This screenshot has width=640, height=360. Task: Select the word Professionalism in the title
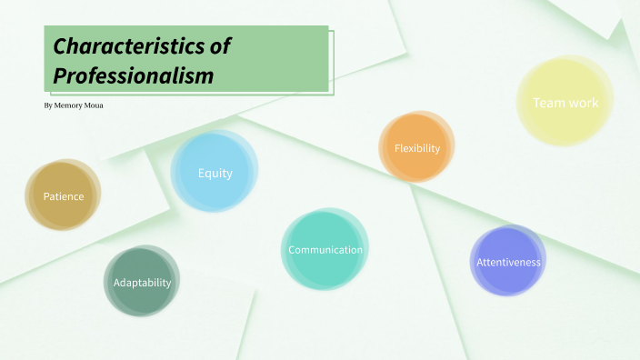(x=134, y=76)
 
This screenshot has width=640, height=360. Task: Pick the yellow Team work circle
(x=565, y=101)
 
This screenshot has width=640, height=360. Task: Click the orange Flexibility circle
(x=416, y=146)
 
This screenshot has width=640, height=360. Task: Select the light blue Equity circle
(x=215, y=171)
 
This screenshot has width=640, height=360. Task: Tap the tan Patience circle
(x=63, y=195)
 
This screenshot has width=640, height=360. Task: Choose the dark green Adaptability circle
(x=141, y=281)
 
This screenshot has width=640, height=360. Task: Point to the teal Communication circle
(x=325, y=250)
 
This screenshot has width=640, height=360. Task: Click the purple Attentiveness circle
(x=508, y=261)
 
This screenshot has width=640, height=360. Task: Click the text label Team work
(x=565, y=103)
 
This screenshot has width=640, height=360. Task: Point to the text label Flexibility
(x=417, y=148)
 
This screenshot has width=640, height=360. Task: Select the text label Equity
(x=215, y=173)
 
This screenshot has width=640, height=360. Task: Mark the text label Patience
(x=64, y=196)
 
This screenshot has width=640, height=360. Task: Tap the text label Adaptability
(x=142, y=283)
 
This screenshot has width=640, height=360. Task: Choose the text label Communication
(x=325, y=250)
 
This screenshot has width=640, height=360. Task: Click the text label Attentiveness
(x=509, y=263)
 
